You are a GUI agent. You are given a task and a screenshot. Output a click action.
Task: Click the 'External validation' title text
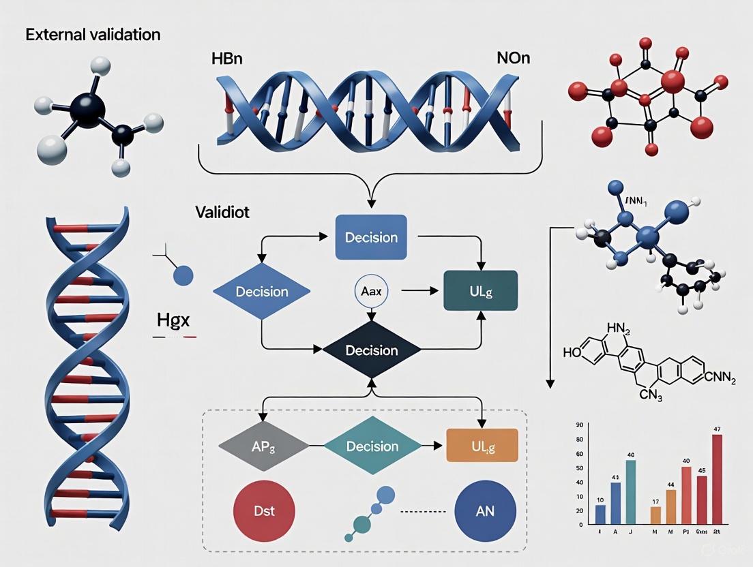pos(93,35)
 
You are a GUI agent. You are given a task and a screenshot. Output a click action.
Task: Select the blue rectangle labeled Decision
pos(371,237)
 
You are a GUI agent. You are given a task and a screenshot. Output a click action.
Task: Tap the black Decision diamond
pos(371,350)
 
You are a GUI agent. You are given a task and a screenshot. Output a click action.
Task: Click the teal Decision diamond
pos(372,446)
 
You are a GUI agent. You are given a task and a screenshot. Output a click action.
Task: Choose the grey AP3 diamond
pos(263,446)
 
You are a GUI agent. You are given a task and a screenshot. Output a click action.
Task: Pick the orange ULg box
pos(482,446)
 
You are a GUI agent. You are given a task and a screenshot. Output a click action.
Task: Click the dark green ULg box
pos(480,291)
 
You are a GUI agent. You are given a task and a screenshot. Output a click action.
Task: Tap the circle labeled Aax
pos(371,291)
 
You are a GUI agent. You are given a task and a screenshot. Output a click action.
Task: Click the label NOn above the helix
pos(513,59)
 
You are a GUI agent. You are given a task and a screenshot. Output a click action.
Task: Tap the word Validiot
pos(222,213)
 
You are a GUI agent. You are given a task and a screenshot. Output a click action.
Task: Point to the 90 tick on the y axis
pos(579,425)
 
